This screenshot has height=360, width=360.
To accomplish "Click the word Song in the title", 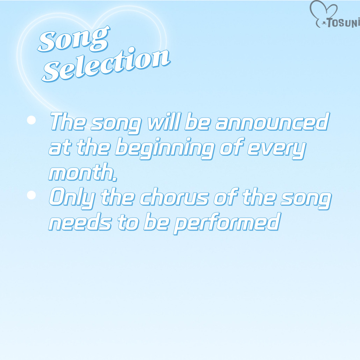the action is coord(73,39).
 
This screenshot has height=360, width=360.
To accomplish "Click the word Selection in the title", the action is coord(106,64).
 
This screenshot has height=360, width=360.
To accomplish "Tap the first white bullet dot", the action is coord(31,120).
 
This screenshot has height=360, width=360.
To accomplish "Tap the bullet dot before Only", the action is coord(31,195).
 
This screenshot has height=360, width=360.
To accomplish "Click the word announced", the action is coord(272,121).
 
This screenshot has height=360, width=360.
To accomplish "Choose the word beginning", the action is coord(165,148).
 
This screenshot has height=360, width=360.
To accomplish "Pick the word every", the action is coord(277,149).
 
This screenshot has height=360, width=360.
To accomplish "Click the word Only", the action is coord(72,197).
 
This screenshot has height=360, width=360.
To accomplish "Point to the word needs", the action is coord(80,222).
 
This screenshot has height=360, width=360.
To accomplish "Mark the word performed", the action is coord(227,223).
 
